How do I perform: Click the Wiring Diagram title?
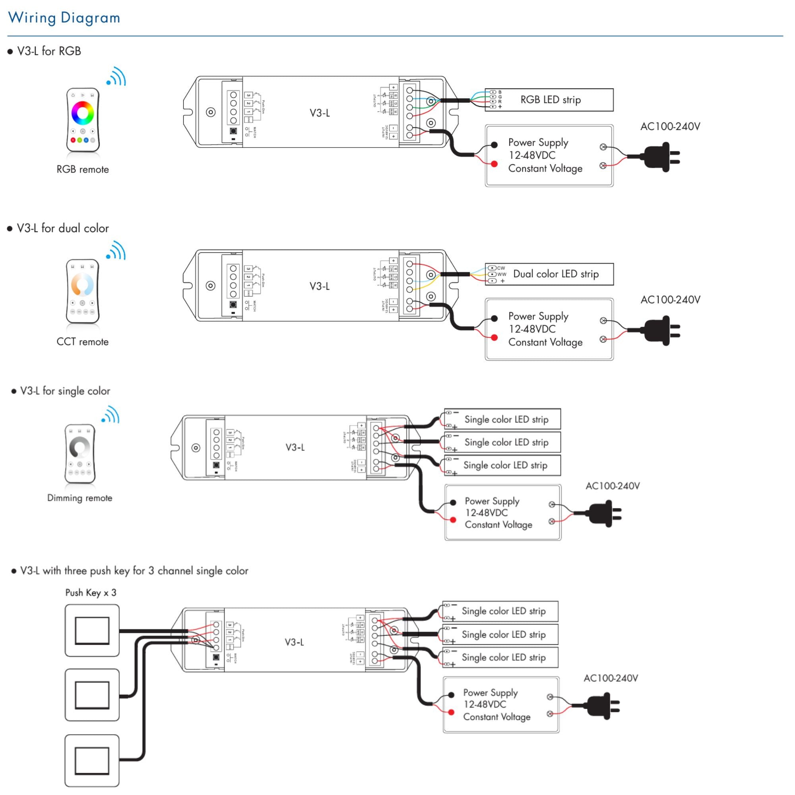(x=64, y=18)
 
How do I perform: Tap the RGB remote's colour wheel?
(x=83, y=112)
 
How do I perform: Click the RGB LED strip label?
(x=550, y=100)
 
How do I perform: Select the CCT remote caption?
(x=82, y=341)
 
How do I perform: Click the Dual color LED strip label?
(x=556, y=274)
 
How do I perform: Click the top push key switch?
(x=92, y=630)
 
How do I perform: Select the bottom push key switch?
(x=92, y=761)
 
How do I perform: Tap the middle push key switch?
(x=92, y=695)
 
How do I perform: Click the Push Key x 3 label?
(x=91, y=593)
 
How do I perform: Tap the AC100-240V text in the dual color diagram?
(x=670, y=300)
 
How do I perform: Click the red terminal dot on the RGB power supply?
(x=494, y=164)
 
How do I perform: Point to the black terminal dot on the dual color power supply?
(x=494, y=318)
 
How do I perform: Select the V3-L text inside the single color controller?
(x=295, y=447)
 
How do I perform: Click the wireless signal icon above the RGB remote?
(x=116, y=77)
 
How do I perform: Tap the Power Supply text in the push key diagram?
(x=490, y=693)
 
